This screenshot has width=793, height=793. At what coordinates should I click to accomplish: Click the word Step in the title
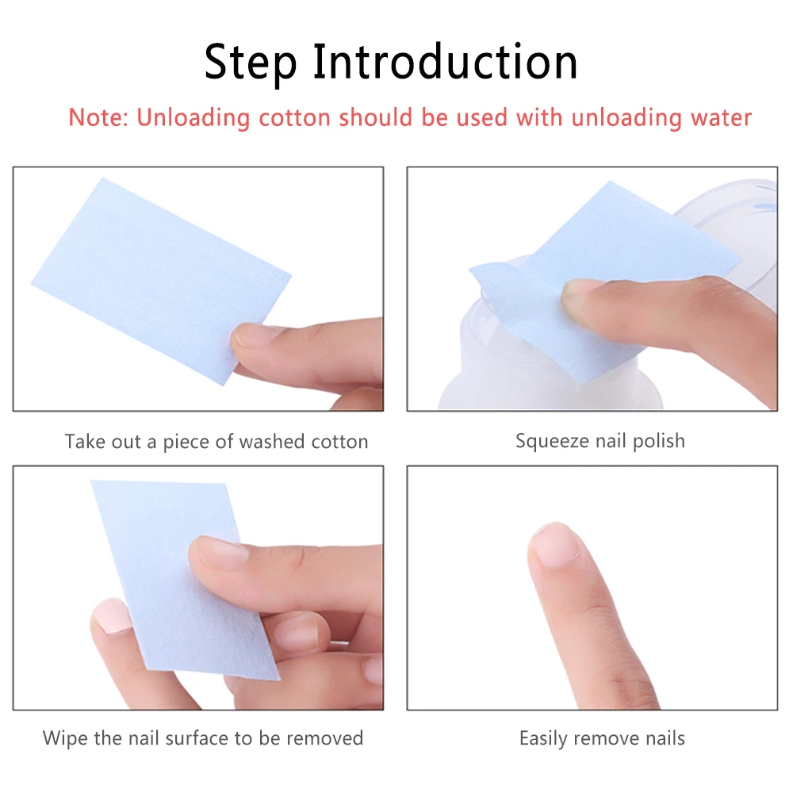point(251,63)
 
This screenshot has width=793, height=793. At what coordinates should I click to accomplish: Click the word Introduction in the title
point(445,61)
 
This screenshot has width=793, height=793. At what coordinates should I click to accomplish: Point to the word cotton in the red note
point(294,118)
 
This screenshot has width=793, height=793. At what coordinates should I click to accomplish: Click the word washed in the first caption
point(271,442)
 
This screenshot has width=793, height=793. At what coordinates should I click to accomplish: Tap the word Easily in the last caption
point(543,739)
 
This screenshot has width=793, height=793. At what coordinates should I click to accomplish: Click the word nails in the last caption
point(665,738)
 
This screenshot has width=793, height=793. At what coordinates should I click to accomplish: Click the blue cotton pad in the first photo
point(161,280)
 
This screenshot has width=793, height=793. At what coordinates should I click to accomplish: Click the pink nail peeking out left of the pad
point(111,615)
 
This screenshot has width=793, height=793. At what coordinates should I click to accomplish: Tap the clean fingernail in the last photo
point(555,544)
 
